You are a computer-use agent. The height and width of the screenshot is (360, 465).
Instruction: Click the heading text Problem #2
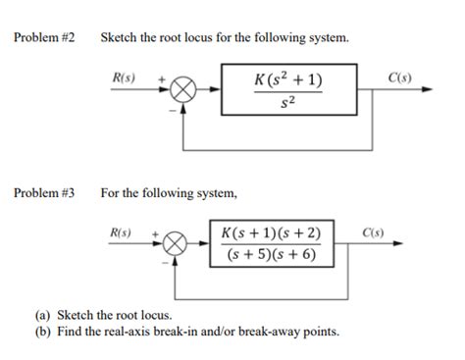coord(43,38)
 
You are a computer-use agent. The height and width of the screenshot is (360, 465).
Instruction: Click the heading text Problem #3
coord(43,192)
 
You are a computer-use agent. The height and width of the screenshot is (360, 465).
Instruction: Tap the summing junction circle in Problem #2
coord(182,90)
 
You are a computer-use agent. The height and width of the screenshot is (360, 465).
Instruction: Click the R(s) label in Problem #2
coord(125,77)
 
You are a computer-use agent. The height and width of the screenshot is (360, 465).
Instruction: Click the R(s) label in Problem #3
coord(119,232)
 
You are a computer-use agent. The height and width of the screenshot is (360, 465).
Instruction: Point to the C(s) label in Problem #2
coord(398,77)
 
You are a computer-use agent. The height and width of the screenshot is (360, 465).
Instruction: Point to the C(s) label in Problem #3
coord(373,232)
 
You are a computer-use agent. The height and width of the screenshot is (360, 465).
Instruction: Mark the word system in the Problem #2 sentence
coord(329,38)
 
